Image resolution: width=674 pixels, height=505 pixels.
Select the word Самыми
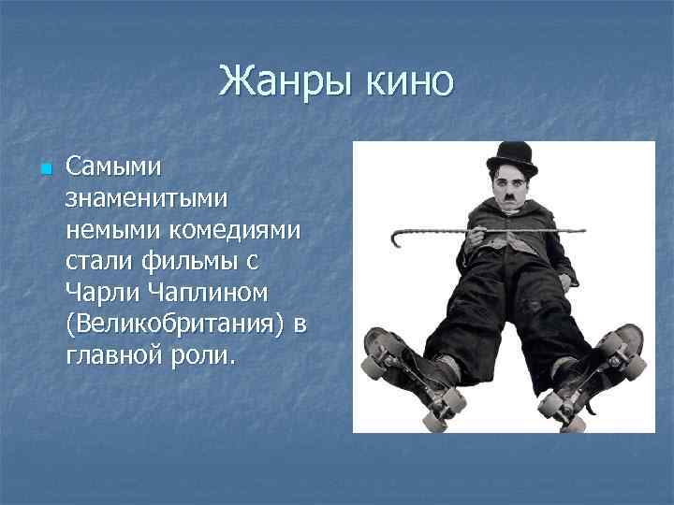[113, 167]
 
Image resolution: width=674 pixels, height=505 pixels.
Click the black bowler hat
[511, 156]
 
